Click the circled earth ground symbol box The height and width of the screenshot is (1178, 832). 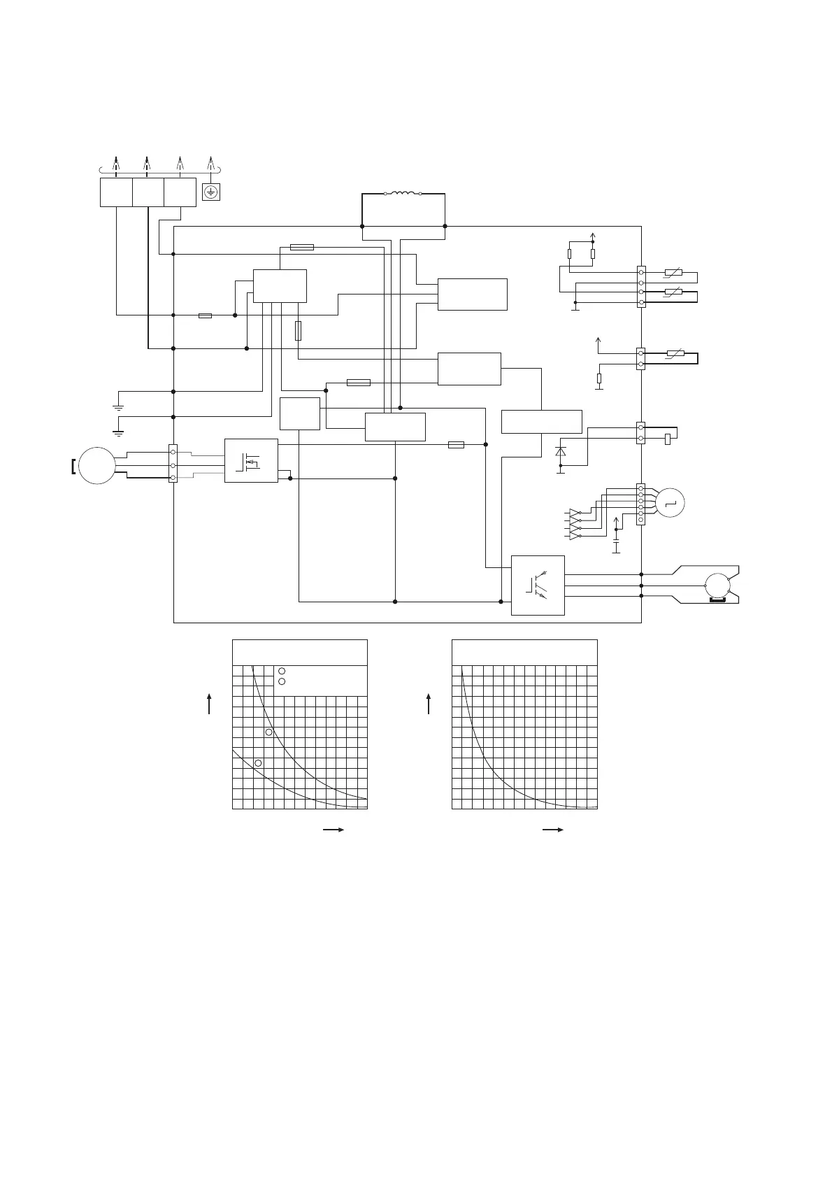point(211,192)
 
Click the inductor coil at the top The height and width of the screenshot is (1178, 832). point(403,194)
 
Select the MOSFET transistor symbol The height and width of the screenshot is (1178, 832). point(250,461)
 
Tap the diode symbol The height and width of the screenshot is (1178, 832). point(560,452)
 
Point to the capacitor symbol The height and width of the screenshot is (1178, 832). point(616,541)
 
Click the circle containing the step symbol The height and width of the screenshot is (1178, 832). point(671,502)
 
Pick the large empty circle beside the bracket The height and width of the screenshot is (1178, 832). point(96,465)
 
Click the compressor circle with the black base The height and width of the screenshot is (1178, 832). point(717,586)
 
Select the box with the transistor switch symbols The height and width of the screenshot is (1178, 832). point(538,585)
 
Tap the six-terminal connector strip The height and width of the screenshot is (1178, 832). point(640,504)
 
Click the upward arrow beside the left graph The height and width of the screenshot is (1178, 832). point(209,703)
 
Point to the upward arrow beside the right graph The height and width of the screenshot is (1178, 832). point(429,703)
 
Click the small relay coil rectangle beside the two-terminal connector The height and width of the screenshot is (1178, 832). point(668,439)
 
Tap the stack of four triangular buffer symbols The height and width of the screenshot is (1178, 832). point(575,523)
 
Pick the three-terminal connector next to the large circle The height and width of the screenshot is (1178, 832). point(173,464)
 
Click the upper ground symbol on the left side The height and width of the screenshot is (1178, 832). point(118,406)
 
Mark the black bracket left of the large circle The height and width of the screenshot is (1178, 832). point(73,465)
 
